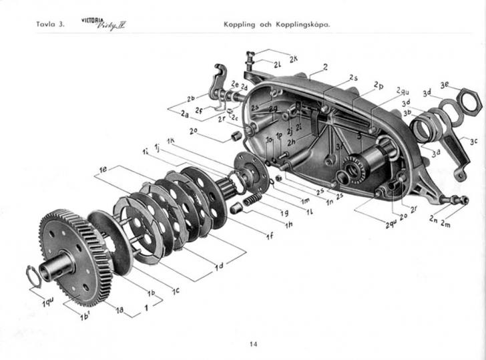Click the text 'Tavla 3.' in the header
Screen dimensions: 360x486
49,27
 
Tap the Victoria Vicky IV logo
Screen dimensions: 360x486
105,25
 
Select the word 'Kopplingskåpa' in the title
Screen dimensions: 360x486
303,27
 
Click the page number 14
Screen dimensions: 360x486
253,345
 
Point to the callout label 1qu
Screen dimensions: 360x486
48,304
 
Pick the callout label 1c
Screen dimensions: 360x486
176,291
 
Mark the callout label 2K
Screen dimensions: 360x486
294,59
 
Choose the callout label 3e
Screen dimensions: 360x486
446,85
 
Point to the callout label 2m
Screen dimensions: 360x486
445,224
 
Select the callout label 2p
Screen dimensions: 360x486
379,86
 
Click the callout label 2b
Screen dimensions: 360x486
191,98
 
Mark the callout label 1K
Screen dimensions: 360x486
171,141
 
